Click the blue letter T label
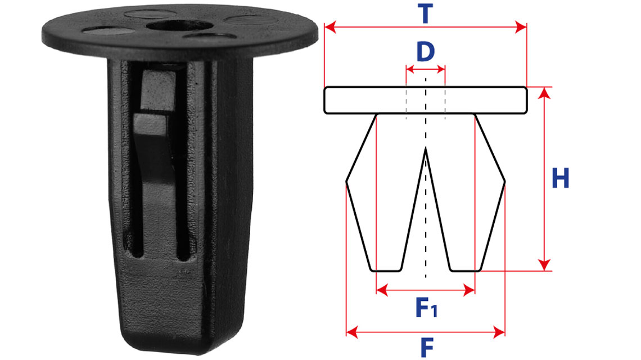point(426,13)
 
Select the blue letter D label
point(426,52)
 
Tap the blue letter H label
point(560,178)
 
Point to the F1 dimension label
point(426,308)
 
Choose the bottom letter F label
point(427,348)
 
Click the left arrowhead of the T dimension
point(330,28)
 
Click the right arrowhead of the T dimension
point(521,28)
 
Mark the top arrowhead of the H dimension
point(544,93)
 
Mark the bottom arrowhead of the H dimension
point(544,265)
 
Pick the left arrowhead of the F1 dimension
point(382,290)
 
